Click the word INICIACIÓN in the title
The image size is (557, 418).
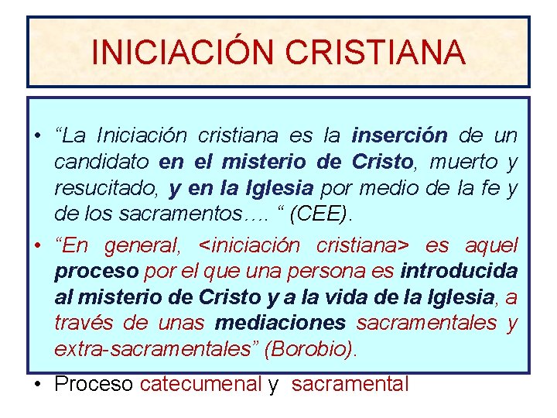tap(183, 52)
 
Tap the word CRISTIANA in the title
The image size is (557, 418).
tap(374, 52)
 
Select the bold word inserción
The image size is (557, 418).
tap(399, 137)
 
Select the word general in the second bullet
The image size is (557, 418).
tap(142, 246)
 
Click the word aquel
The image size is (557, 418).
tap(491, 246)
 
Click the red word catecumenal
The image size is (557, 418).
tap(201, 383)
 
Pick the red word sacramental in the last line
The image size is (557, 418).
tap(350, 383)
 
